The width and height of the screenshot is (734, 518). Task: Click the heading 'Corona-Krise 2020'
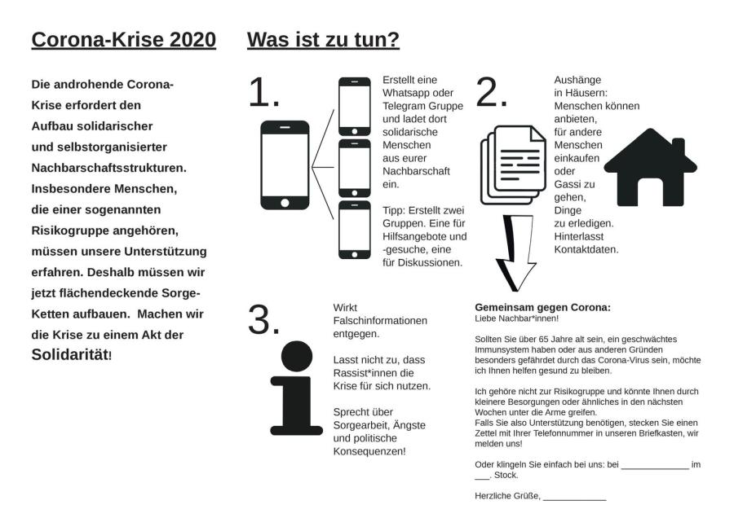(123, 40)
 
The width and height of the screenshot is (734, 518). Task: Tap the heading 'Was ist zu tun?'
(323, 40)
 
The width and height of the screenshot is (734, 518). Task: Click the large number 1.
(263, 94)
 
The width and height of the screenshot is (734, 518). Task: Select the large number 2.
(491, 94)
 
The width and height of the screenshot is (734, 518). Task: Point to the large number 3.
(263, 320)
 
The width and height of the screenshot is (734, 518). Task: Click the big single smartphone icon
(285, 165)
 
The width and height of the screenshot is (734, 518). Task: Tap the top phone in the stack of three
(355, 106)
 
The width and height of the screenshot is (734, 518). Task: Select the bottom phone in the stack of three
(355, 230)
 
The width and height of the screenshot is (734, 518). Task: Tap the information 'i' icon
(296, 388)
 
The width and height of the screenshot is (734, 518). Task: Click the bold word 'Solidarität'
(69, 354)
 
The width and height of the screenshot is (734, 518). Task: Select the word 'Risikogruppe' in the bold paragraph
(69, 230)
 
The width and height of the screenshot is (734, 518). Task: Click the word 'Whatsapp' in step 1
(405, 93)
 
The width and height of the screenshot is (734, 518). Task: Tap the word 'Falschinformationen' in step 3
(380, 320)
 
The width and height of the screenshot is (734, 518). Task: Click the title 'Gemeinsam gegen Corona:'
(542, 307)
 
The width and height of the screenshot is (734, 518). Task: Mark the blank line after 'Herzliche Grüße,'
(575, 498)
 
